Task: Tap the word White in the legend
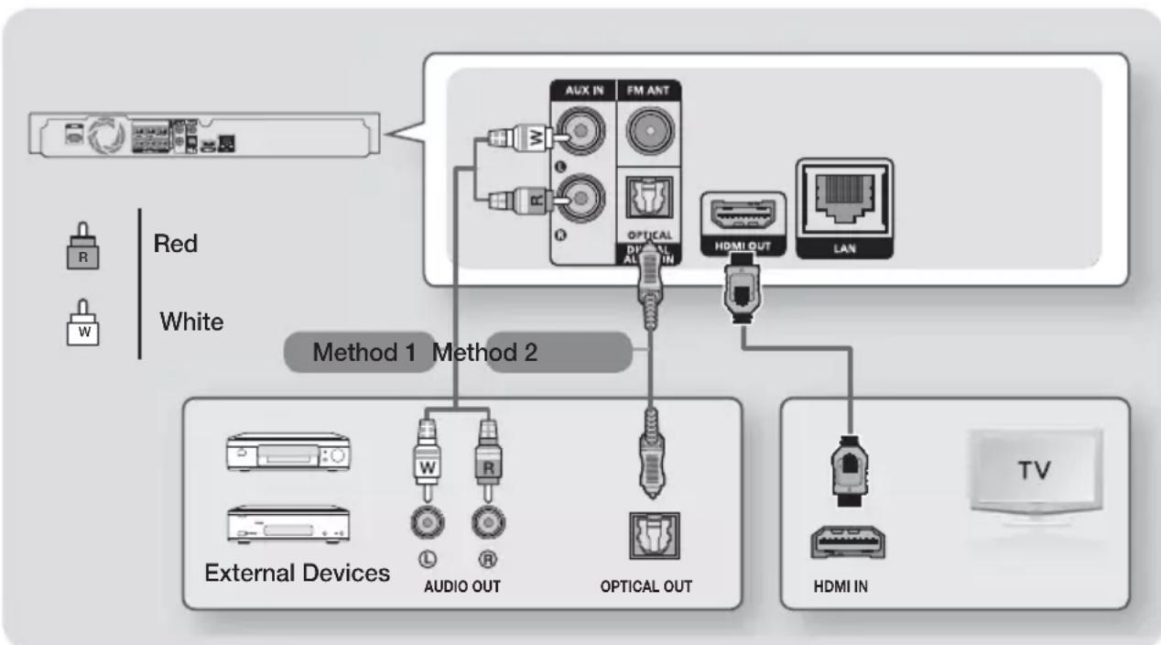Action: pyautogui.click(x=193, y=322)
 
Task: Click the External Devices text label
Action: pyautogui.click(x=297, y=574)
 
